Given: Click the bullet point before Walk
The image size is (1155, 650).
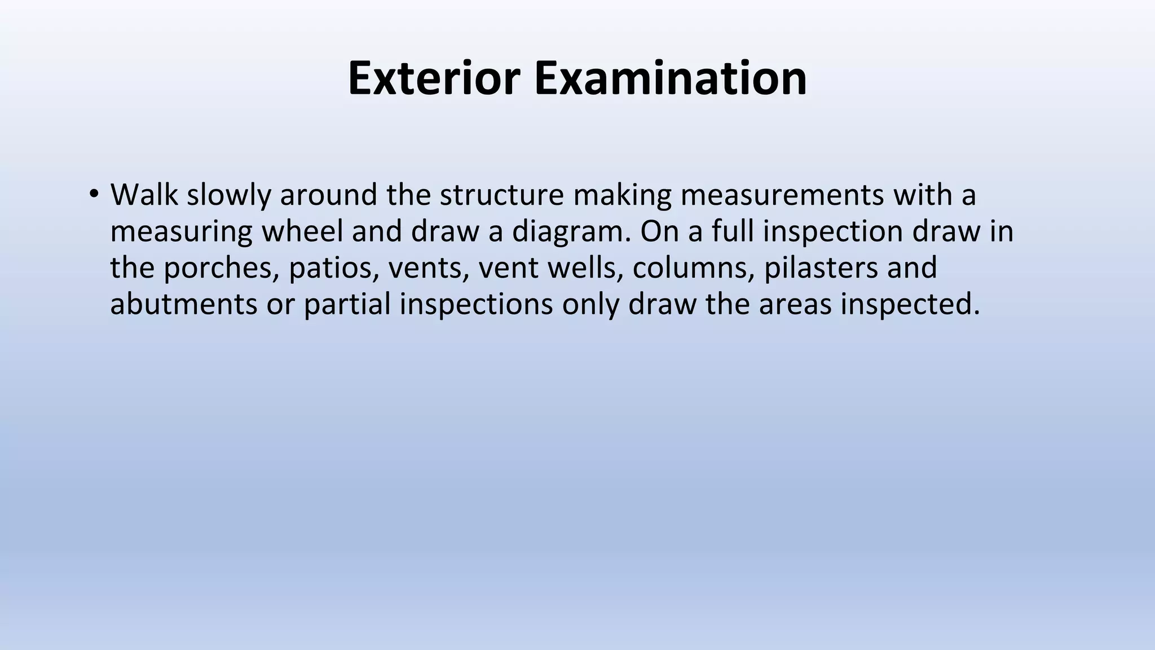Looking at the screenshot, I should pos(94,195).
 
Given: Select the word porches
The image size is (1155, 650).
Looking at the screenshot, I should pos(222,268).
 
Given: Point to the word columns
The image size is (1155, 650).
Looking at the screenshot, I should pos(694,268).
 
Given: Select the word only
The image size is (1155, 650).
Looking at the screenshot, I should pos(590,304).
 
